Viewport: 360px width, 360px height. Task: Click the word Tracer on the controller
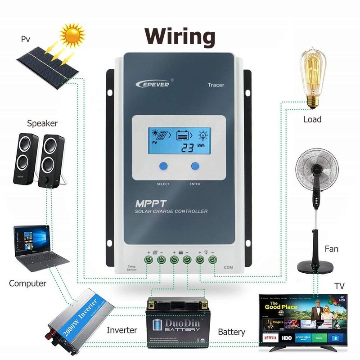point(216,85)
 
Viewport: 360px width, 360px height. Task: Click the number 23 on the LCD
point(185,148)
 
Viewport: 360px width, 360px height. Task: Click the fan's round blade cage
point(316,169)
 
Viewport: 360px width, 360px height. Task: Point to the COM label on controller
point(228,267)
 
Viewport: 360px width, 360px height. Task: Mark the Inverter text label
point(121,330)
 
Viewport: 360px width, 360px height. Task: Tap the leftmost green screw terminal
point(148,260)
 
